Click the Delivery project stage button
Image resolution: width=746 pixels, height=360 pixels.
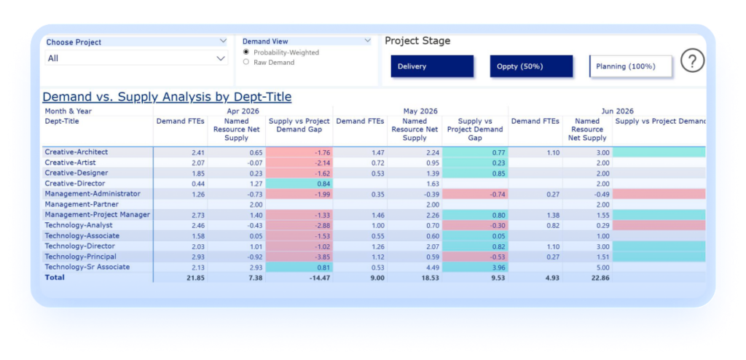(432, 66)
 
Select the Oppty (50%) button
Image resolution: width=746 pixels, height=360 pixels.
(531, 66)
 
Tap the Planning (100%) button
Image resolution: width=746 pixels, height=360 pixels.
(630, 66)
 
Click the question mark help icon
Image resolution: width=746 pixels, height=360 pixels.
(692, 61)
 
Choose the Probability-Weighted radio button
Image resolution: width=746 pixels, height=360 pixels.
(246, 52)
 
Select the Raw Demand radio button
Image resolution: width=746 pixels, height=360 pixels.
(246, 62)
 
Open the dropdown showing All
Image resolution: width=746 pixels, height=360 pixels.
(136, 58)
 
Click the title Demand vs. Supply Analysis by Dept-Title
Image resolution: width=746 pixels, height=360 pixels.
(167, 97)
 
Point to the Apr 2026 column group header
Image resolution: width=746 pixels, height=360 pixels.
(243, 111)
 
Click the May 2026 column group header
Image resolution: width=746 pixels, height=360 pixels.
(420, 111)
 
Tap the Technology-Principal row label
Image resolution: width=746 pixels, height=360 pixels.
(80, 257)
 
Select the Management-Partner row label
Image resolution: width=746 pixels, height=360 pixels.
(82, 204)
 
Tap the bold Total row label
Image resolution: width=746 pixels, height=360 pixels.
(55, 277)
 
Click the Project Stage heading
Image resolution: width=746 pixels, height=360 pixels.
(417, 41)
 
